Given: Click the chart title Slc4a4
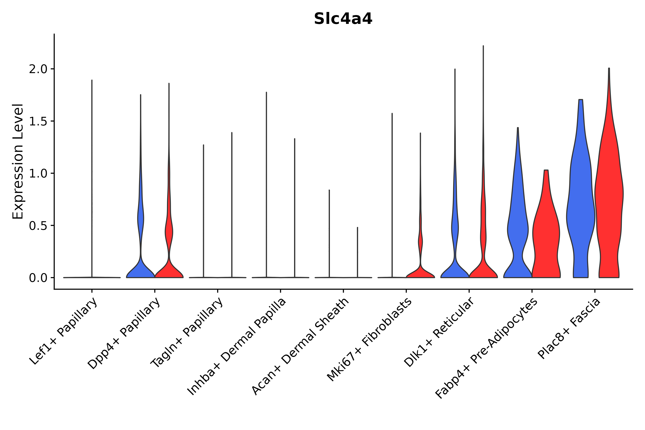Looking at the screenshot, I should point(343,19).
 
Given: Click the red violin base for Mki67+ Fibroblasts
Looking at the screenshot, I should point(420,273).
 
